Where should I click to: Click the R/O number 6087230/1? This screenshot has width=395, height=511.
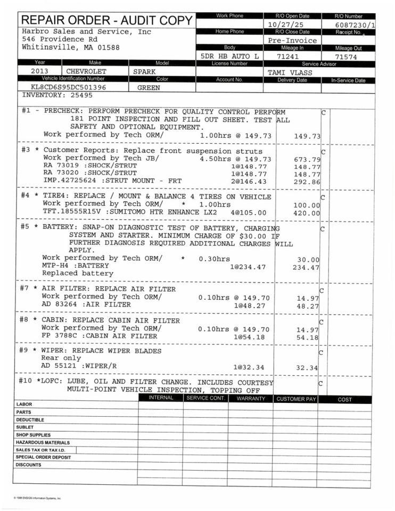click(x=355, y=25)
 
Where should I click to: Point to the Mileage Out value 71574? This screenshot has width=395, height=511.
click(x=348, y=56)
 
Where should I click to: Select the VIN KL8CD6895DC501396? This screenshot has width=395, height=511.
click(x=68, y=87)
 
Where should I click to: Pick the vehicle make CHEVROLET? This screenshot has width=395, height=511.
click(x=86, y=71)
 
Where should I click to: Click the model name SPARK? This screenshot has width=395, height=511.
click(x=144, y=71)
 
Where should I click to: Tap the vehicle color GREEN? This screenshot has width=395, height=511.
click(x=149, y=87)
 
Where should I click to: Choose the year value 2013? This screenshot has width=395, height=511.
click(x=40, y=71)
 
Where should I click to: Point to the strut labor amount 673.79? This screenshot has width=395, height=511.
click(x=307, y=159)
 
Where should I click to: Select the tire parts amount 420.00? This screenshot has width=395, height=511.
click(x=307, y=213)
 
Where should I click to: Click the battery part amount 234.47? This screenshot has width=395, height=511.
click(x=306, y=267)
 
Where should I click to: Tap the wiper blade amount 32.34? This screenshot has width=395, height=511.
click(x=307, y=367)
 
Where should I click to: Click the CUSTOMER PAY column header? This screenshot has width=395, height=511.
click(x=296, y=399)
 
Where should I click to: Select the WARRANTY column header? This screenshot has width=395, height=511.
click(x=251, y=399)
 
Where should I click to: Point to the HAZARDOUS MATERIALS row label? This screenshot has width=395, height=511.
click(x=43, y=442)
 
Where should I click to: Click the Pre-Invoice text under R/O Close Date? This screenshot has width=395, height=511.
click(x=292, y=40)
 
